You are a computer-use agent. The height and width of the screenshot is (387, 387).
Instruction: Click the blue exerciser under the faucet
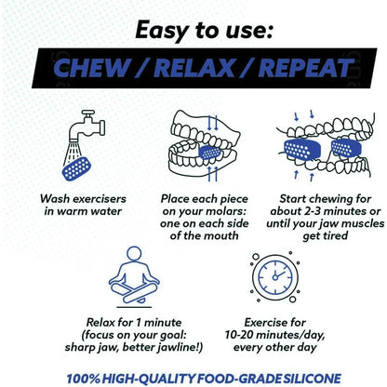[75, 168]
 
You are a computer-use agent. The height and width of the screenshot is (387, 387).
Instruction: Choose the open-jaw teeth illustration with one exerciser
[195, 149]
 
